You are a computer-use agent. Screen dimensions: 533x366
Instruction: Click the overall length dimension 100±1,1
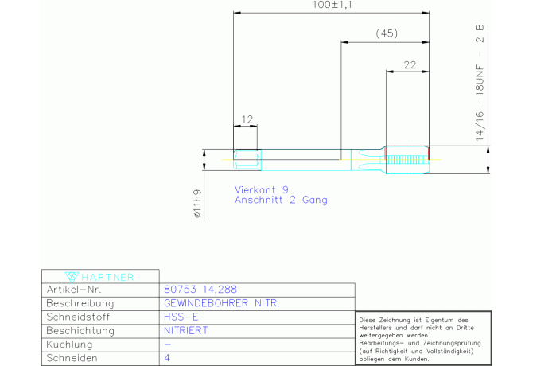pos(332,5)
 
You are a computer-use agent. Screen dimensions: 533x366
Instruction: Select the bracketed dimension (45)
pos(387,33)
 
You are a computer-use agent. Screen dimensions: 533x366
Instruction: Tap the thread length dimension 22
pos(410,65)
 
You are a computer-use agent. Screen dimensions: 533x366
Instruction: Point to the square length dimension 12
pos(247,119)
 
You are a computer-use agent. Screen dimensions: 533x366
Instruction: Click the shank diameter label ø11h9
pos(197,204)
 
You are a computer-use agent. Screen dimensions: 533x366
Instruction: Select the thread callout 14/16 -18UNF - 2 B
pos(479,83)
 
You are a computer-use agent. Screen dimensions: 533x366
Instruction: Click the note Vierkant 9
pos(262,189)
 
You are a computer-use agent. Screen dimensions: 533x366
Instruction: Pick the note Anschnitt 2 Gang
pos(281,200)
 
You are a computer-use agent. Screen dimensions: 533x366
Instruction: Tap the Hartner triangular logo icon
pos(72,277)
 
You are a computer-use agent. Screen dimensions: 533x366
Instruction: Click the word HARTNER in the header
pos(107,278)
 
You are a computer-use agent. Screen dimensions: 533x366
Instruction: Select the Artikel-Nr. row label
pos(74,290)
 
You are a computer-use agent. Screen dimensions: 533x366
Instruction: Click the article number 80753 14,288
pos(200,290)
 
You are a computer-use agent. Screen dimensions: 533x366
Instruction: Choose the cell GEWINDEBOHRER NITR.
pos(222,303)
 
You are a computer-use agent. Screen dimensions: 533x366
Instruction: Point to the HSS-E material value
pos(181,317)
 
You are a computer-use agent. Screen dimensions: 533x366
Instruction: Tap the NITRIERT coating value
pos(185,331)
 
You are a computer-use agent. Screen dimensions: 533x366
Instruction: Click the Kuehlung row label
pos(69,345)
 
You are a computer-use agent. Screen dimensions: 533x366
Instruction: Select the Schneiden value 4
pos(167,358)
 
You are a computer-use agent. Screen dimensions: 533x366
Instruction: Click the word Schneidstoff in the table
pos(78,317)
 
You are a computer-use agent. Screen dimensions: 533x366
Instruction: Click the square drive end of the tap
pos(247,160)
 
